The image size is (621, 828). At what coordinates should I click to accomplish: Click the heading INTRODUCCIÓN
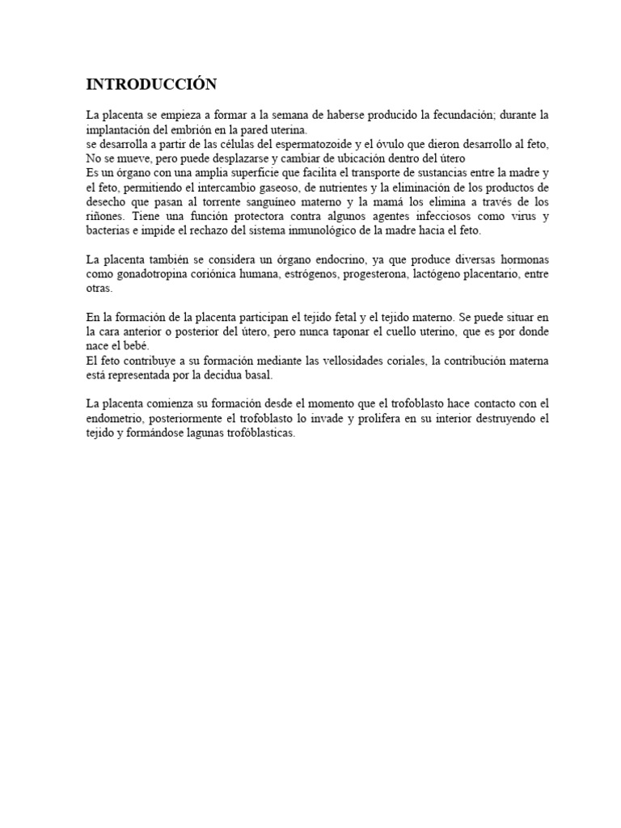coord(152,84)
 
